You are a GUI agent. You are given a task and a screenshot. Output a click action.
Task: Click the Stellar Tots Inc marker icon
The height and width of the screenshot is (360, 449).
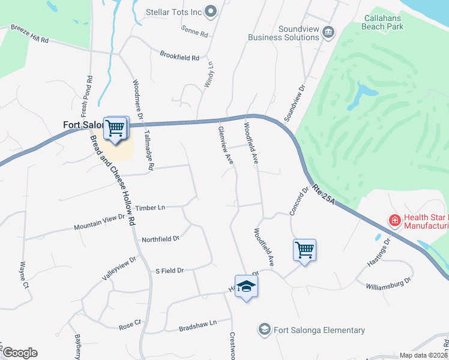coord(210,11)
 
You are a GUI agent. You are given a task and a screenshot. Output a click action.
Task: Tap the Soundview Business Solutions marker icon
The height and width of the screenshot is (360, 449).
coord(328,32)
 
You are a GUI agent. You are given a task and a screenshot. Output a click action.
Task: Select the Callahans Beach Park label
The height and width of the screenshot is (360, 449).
coord(391,22)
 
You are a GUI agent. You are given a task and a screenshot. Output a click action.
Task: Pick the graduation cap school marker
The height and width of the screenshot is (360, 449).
coord(246,287)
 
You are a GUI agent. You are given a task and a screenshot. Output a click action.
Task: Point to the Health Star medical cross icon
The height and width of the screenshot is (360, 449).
coord(394,221)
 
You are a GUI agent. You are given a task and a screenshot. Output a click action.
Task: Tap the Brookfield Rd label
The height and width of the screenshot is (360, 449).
coord(179,57)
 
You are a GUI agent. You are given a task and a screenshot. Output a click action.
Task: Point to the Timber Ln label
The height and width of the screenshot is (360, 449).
coord(150,208)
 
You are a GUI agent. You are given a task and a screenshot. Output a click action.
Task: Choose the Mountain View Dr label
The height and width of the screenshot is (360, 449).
coord(99,223)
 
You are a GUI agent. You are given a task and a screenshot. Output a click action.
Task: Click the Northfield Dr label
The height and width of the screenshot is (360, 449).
coord(160,239)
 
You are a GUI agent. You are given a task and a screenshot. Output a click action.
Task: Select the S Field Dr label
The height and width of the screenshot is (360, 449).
coord(169,271)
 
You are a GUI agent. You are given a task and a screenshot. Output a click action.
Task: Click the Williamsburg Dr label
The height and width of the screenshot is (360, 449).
coord(388,283)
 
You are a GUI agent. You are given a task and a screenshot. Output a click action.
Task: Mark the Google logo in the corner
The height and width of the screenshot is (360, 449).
coord(19,353)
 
